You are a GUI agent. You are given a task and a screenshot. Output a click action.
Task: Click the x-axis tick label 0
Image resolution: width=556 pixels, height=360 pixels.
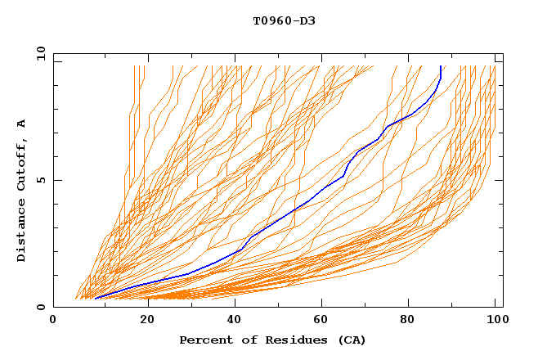pyautogui.click(x=53, y=320)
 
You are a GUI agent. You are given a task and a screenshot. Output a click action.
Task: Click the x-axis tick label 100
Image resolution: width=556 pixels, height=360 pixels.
pyautogui.click(x=495, y=320)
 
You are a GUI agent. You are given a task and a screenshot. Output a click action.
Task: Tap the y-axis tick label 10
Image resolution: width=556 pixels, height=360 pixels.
pyautogui.click(x=40, y=53)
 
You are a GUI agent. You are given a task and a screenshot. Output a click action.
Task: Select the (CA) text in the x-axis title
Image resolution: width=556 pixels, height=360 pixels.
pyautogui.click(x=350, y=340)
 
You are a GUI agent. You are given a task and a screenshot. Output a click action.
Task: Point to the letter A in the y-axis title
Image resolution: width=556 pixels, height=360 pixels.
pyautogui.click(x=22, y=124)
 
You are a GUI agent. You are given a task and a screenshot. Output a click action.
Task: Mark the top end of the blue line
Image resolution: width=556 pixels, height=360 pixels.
pyautogui.click(x=441, y=66)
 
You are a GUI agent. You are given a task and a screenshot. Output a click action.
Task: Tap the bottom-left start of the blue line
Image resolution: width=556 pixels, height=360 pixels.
pyautogui.click(x=96, y=299)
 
